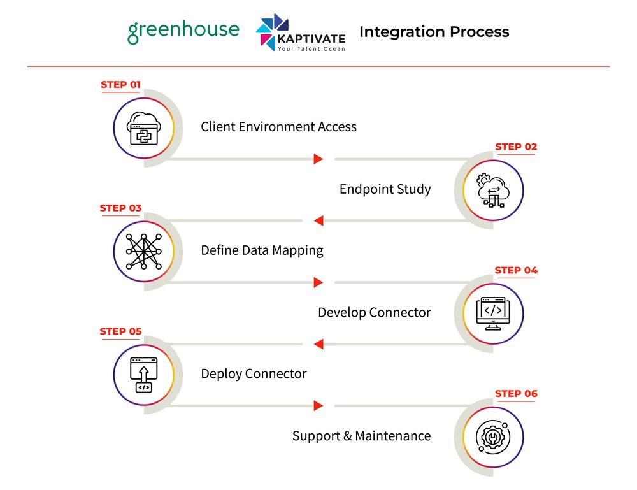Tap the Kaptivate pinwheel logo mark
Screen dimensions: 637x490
[271, 32]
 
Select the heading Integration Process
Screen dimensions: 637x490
[434, 32]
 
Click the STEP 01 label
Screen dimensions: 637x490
[120, 85]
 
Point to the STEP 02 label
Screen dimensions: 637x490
[516, 147]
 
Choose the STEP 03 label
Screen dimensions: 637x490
[120, 208]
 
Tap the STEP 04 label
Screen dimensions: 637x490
[516, 270]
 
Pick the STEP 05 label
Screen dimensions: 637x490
[120, 331]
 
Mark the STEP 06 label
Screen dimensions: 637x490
[516, 394]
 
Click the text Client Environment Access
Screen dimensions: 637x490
[279, 127]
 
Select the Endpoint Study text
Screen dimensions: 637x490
[385, 189]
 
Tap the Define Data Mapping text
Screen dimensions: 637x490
[262, 250]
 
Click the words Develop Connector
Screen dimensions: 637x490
[374, 312]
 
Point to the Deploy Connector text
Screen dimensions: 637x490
[254, 374]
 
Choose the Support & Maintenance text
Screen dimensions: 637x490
[362, 436]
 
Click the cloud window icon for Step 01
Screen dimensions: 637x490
[144, 128]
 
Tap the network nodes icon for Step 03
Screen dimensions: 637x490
[144, 252]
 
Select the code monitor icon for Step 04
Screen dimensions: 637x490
[493, 313]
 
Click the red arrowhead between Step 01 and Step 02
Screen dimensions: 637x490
[318, 159]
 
